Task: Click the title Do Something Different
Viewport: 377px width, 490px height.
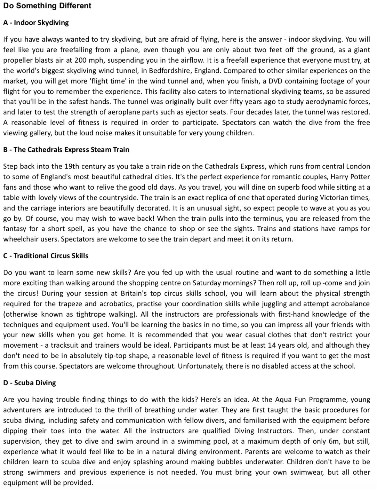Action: pos(47,6)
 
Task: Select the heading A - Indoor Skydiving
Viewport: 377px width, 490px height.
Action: pos(36,23)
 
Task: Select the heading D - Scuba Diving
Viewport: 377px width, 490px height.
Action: pos(30,383)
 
